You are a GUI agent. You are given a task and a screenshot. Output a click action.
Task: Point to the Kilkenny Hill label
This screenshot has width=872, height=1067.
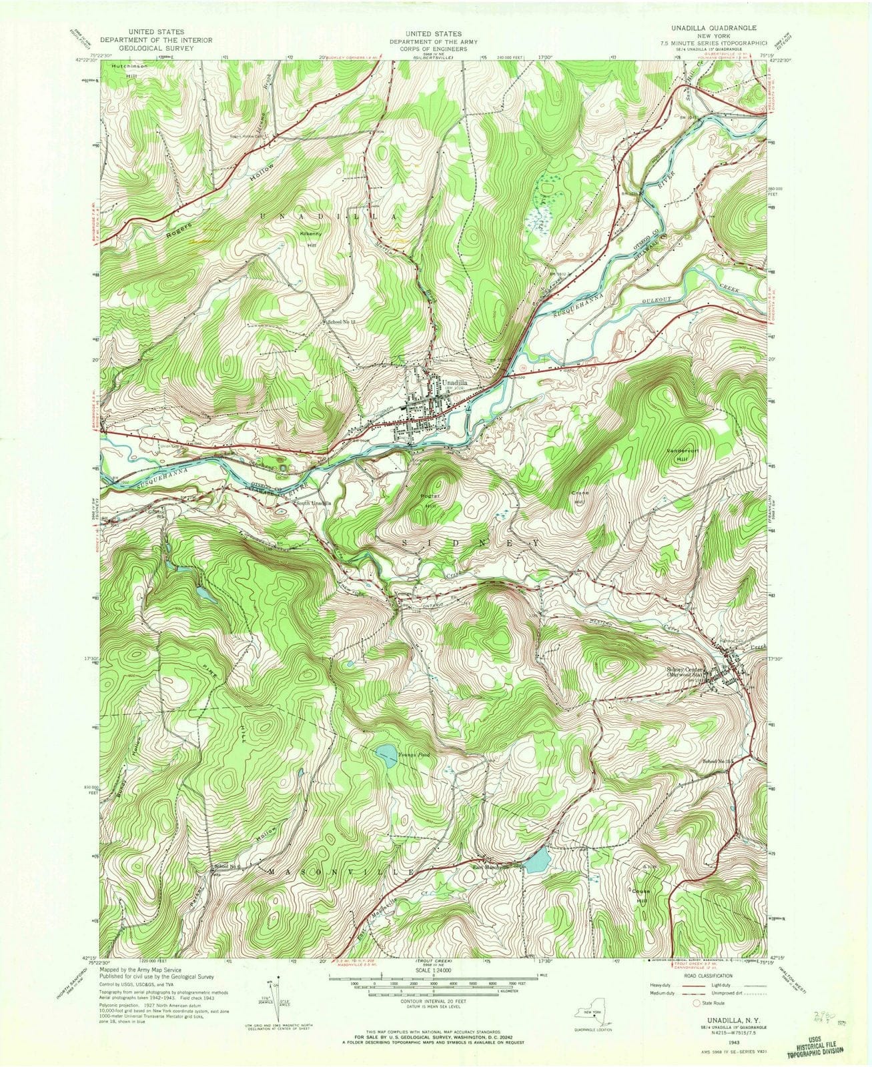pyautogui.click(x=311, y=239)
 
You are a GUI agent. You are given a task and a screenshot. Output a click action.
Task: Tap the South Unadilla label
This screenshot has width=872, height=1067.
pyautogui.click(x=313, y=503)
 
